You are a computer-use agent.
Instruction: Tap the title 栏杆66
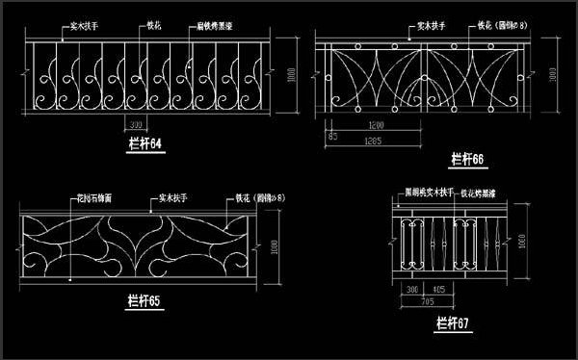(467, 158)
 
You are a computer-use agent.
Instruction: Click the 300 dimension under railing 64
(137, 125)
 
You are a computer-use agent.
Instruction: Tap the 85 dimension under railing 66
(332, 137)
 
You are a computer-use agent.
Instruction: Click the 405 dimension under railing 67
(438, 288)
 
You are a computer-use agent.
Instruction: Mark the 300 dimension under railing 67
(412, 288)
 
